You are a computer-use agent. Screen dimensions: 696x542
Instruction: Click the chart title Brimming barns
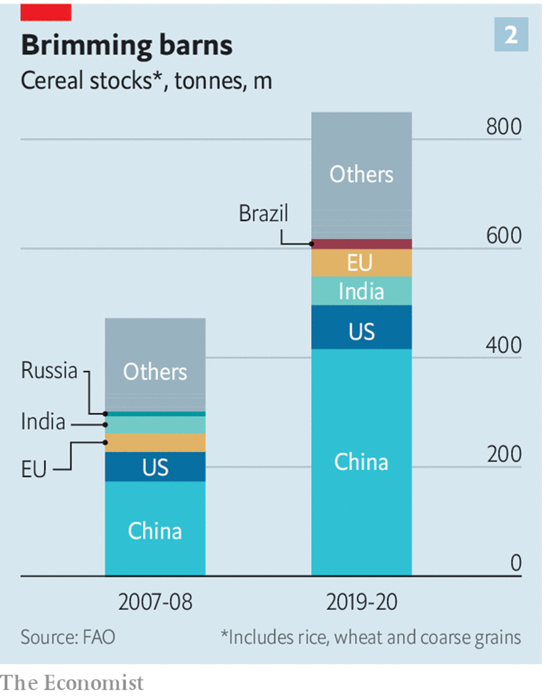tap(127, 46)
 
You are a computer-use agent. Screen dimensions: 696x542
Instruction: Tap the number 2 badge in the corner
tap(511, 35)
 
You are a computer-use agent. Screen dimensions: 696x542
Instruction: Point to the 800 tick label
tap(503, 127)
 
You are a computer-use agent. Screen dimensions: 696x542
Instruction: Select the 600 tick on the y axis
tap(503, 236)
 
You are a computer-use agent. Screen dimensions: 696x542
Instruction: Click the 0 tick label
tap(515, 563)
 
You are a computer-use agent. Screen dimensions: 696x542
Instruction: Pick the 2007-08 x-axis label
tap(155, 602)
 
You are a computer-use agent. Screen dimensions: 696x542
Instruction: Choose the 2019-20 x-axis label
tap(362, 602)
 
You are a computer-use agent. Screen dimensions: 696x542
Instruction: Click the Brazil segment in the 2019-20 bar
tap(362, 244)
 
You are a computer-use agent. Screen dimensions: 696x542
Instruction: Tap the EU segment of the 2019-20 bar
tap(362, 262)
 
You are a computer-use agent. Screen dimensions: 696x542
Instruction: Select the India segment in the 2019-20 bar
tap(362, 291)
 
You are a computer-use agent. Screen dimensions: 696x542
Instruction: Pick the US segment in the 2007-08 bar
tap(155, 467)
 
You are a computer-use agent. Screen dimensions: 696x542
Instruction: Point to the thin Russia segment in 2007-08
tap(155, 414)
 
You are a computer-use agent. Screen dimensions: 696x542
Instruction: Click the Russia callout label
tap(50, 370)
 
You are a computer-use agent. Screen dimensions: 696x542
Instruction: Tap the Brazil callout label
tap(263, 213)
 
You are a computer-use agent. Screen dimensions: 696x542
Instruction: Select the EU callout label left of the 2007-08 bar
tap(34, 470)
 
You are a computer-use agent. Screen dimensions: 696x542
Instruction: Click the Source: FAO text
tap(68, 637)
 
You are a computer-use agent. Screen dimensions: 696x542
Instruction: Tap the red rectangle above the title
tap(46, 13)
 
